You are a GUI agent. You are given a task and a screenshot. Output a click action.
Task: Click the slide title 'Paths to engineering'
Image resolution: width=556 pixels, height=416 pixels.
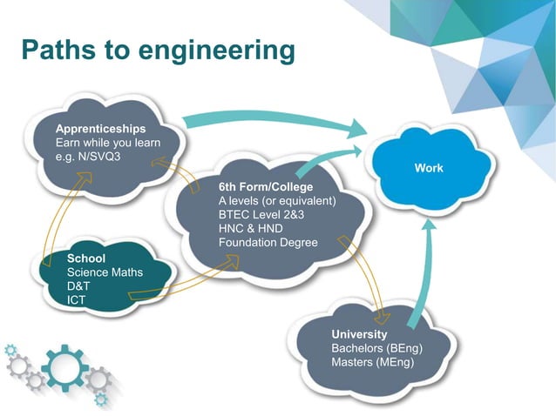[x=158, y=50]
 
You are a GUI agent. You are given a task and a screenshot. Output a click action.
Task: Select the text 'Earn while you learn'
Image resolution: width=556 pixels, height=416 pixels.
[x=106, y=142]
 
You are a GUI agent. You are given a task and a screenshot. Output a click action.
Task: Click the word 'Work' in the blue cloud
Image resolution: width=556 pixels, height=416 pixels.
[x=428, y=168]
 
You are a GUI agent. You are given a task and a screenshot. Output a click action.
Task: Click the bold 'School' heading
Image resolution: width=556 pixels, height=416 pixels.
[x=86, y=258]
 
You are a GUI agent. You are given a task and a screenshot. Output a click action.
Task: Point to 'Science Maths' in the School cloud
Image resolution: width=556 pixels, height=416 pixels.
[x=105, y=272]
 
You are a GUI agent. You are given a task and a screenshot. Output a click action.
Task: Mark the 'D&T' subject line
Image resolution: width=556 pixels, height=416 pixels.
[x=79, y=286]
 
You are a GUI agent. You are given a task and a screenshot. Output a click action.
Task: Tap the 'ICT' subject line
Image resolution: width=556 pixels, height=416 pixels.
[x=77, y=300]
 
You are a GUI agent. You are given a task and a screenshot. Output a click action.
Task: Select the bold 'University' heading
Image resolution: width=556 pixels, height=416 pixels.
[x=359, y=334]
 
